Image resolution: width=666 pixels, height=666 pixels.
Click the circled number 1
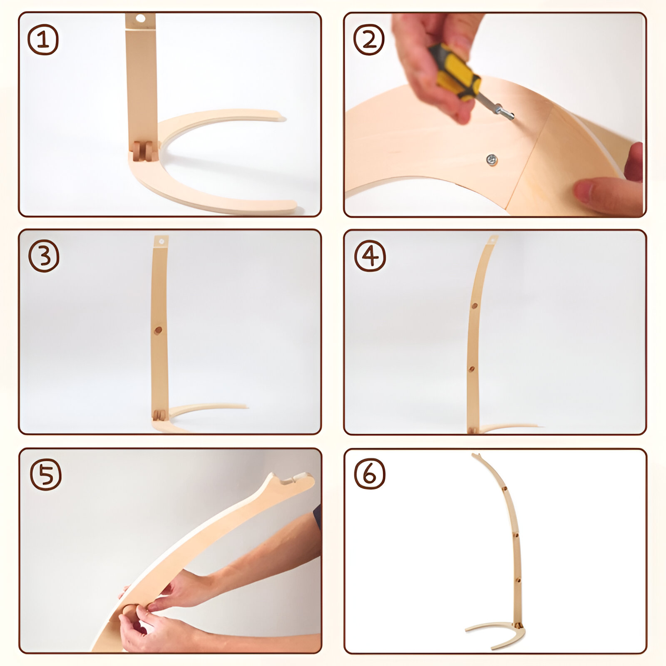43,40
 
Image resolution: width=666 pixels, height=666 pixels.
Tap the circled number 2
369,40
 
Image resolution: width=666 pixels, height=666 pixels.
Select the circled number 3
44,256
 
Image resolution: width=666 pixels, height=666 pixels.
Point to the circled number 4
370,256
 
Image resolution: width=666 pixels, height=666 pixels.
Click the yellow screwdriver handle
455,72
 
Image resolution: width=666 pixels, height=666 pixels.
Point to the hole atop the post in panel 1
141,19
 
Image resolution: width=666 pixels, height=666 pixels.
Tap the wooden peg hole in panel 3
158,331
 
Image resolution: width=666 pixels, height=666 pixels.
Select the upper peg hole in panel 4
475,306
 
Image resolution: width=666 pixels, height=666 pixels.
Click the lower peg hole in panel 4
472,369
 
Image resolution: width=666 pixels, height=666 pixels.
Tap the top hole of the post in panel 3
161,241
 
